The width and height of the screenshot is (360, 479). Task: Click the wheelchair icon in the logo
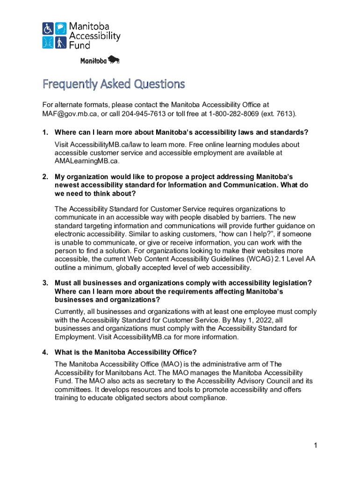point(48,29)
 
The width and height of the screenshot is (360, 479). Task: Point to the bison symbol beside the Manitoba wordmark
point(114,59)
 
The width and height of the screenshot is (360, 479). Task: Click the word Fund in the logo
point(80,45)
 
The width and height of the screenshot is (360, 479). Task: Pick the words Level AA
point(299,259)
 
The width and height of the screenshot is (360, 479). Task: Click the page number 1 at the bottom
point(316,445)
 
